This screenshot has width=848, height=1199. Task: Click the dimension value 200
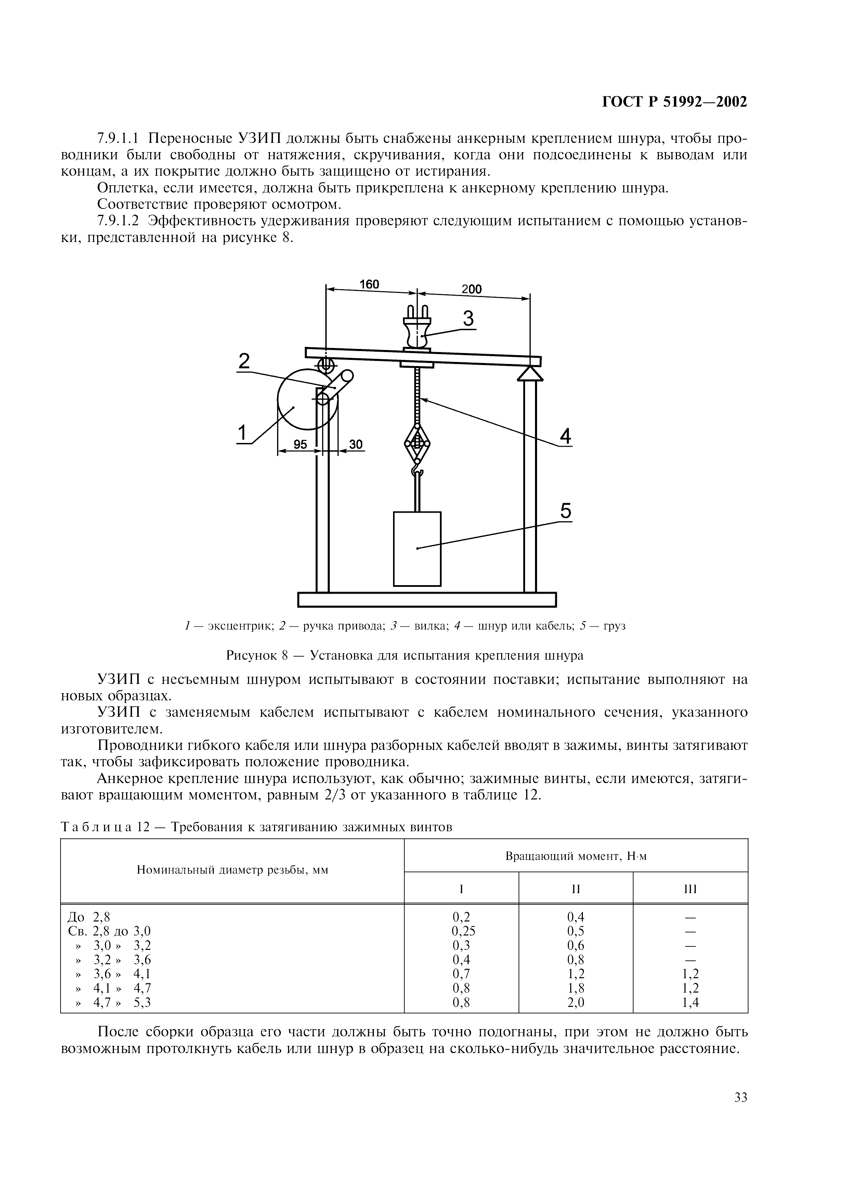point(471,289)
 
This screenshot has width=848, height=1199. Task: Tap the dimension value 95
point(300,444)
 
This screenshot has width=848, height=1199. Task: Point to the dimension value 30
point(356,444)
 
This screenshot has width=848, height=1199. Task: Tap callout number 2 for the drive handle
point(244,361)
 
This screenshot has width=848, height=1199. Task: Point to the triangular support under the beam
point(530,373)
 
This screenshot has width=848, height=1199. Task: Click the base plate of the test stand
point(427,599)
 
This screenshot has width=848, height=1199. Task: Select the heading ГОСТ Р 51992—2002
point(675,102)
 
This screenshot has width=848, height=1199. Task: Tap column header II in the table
point(576,889)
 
